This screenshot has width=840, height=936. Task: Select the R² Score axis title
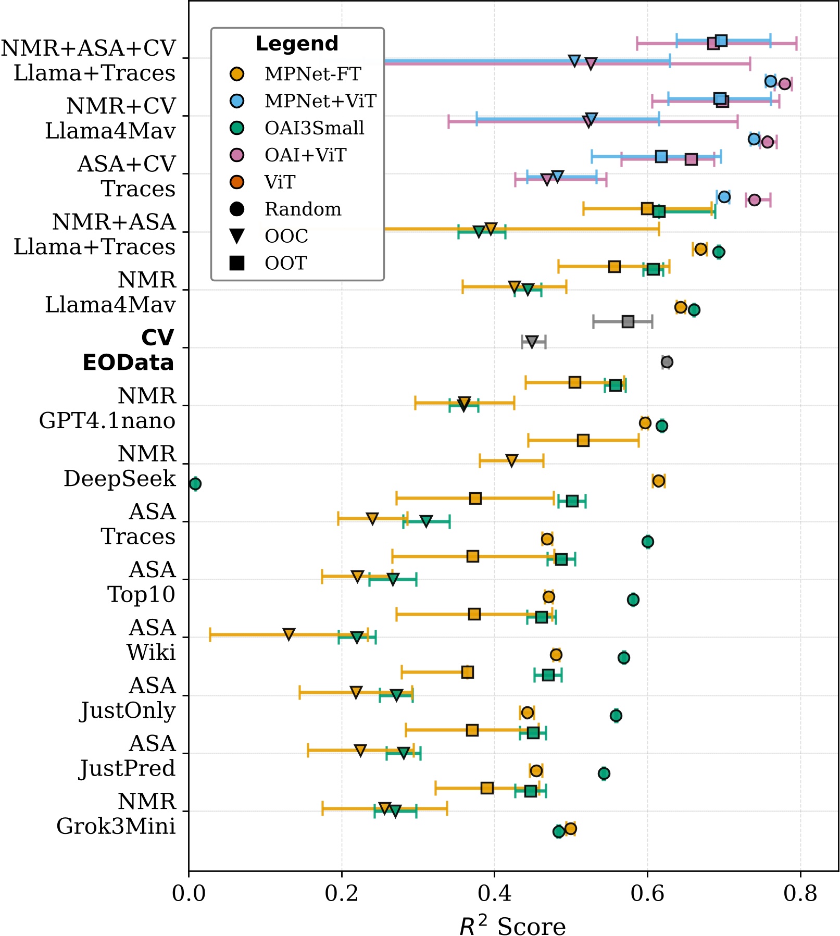[x=512, y=925]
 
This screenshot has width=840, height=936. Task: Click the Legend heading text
[x=297, y=44]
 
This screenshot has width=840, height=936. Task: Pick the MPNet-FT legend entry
[x=312, y=74]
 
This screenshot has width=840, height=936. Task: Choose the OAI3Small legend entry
[x=314, y=128]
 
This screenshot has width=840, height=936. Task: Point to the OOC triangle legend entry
[x=286, y=236]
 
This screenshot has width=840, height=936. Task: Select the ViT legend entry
[x=280, y=182]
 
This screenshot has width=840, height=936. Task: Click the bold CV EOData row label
[x=129, y=350]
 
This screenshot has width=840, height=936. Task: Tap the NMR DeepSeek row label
[x=120, y=466]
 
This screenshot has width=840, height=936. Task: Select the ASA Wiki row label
[x=151, y=640]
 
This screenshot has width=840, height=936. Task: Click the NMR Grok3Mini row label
[x=116, y=814]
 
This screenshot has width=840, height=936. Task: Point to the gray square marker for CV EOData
[x=628, y=321]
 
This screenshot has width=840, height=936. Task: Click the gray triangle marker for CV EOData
[x=532, y=342]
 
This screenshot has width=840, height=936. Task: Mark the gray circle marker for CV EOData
[x=667, y=362]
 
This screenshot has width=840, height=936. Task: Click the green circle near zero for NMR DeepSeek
[x=195, y=484]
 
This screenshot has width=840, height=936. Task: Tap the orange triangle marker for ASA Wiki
[x=289, y=634]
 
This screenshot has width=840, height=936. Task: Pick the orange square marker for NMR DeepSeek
[x=583, y=441]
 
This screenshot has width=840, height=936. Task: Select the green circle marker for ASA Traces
[x=647, y=542]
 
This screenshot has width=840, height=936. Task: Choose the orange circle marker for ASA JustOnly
[x=528, y=713]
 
